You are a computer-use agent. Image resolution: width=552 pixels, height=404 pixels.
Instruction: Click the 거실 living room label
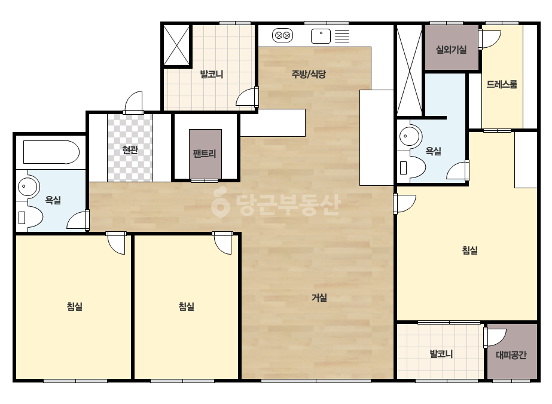(x=319, y=298)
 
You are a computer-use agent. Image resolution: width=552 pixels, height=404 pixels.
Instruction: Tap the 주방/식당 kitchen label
(x=309, y=74)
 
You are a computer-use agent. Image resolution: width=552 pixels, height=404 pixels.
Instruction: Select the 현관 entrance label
(x=130, y=150)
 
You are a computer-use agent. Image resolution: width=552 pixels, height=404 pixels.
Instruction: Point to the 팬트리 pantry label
(x=205, y=154)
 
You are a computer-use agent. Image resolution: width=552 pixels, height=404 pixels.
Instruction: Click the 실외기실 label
(x=452, y=49)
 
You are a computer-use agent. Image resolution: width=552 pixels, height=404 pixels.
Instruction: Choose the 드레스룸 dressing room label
(x=502, y=84)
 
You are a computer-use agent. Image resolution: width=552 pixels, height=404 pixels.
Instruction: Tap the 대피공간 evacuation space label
(x=511, y=355)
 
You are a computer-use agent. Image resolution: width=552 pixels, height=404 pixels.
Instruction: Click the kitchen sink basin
(x=321, y=36)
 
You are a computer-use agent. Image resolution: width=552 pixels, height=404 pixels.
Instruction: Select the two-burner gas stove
(x=283, y=35)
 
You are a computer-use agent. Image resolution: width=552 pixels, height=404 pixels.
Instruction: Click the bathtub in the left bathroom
(x=51, y=152)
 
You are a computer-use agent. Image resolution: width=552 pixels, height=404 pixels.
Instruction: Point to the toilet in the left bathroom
(x=30, y=216)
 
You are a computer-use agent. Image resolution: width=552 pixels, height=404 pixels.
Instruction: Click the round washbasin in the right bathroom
(x=410, y=136)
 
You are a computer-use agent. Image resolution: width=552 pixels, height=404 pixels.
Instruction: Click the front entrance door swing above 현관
(x=133, y=102)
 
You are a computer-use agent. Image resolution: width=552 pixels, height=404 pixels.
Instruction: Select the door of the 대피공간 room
(x=495, y=338)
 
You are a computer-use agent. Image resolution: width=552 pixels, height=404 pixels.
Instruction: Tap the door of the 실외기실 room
(x=489, y=39)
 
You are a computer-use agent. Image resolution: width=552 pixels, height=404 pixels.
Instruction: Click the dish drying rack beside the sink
(x=342, y=36)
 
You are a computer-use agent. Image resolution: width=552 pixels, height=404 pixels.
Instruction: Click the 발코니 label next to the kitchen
(x=212, y=74)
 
